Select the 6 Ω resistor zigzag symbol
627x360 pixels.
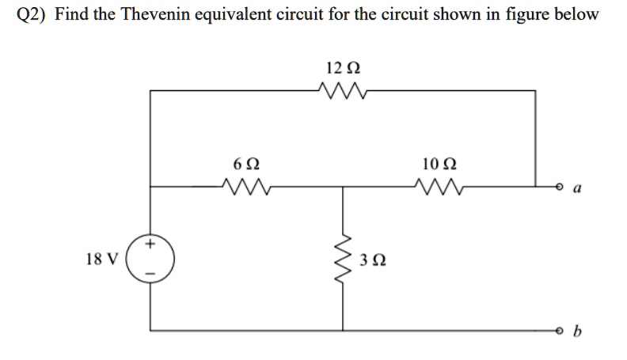point(247,188)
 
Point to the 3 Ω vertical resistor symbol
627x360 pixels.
point(344,257)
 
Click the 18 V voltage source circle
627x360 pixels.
point(150,258)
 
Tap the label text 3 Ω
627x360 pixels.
point(371,260)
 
